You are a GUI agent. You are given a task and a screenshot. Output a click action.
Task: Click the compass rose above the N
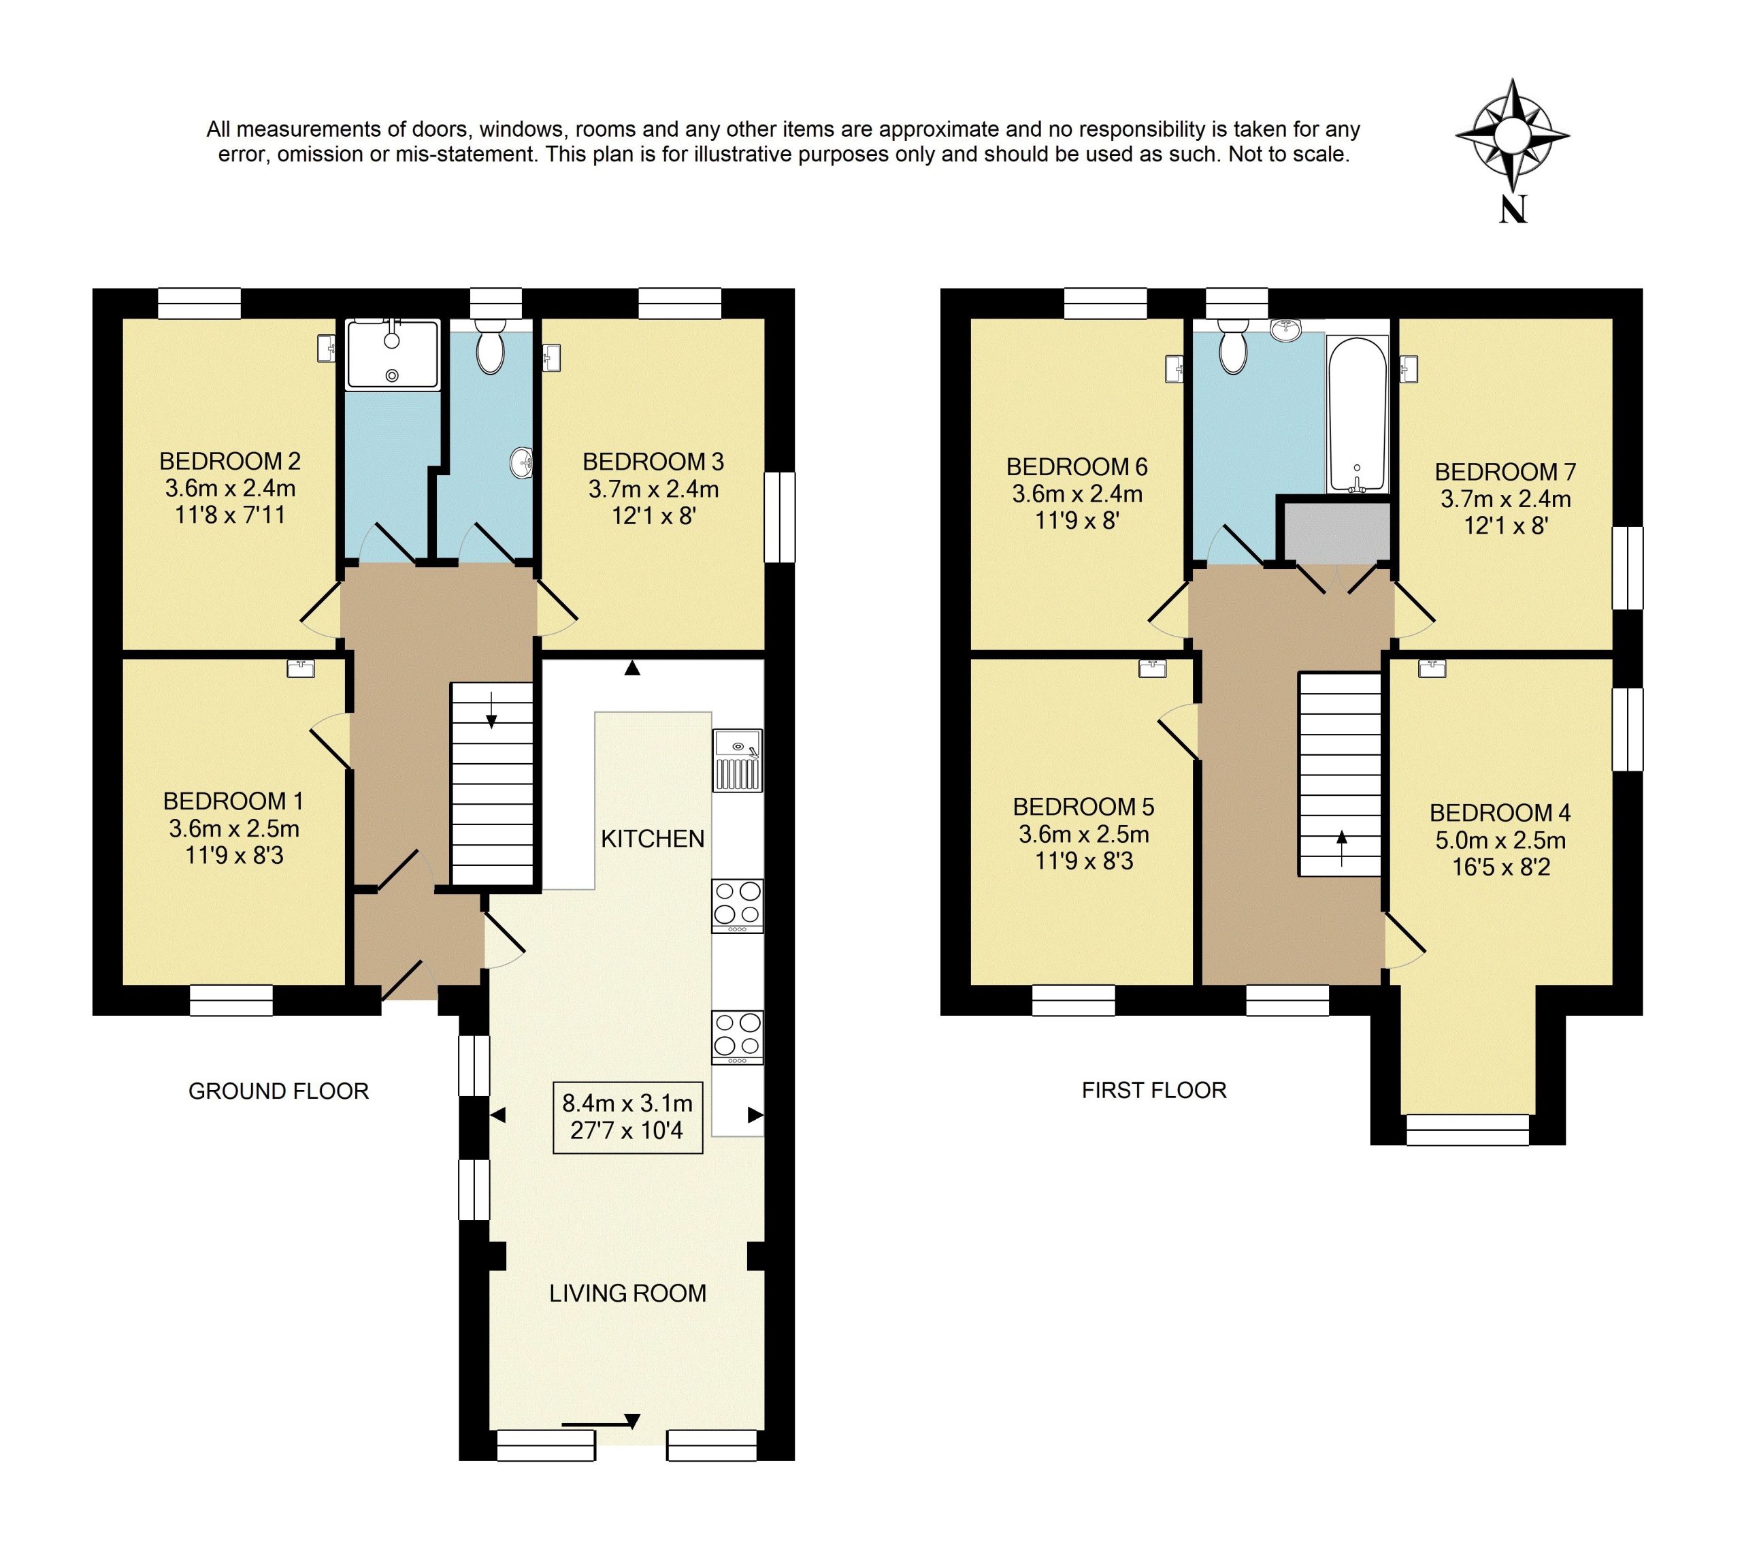(x=1512, y=135)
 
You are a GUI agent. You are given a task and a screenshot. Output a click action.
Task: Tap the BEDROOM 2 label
(x=230, y=462)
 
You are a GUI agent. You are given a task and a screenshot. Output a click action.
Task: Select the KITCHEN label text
(x=653, y=839)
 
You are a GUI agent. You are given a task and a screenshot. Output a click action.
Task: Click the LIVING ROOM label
(x=628, y=1293)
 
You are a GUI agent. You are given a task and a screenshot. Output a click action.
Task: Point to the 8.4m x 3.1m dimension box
(x=627, y=1117)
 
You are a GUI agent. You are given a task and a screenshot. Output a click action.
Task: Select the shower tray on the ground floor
(x=392, y=355)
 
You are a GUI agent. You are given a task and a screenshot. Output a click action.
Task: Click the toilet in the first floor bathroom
(x=1232, y=349)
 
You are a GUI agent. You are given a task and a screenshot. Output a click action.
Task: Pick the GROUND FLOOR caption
(x=279, y=1091)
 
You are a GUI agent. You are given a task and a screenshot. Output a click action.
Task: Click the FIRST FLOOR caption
(x=1154, y=1091)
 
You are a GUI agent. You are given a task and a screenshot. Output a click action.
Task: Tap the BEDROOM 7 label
(x=1505, y=472)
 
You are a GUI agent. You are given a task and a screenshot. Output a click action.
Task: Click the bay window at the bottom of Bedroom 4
(x=1468, y=1131)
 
